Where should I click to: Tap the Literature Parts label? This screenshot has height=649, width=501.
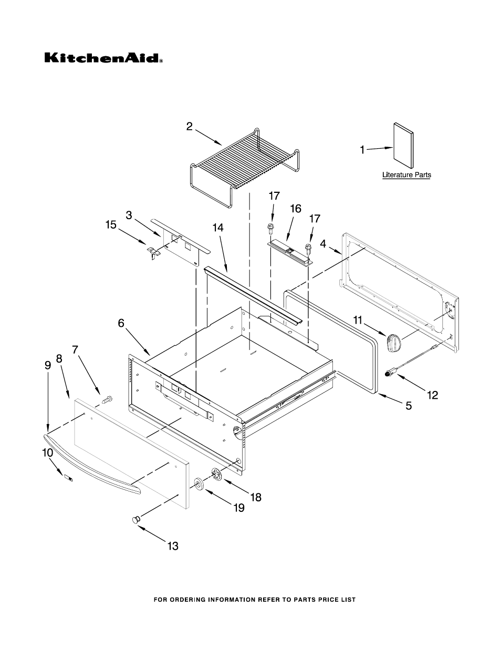click(x=406, y=174)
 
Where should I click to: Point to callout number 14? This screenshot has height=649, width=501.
click(x=218, y=228)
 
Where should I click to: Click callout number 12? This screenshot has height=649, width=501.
click(x=432, y=395)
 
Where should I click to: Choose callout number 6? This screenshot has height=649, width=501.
click(x=121, y=324)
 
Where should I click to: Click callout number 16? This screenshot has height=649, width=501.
click(x=296, y=209)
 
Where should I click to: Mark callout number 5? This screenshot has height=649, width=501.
click(x=408, y=405)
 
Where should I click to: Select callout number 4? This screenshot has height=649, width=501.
click(x=323, y=243)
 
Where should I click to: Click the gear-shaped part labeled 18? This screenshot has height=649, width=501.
click(x=217, y=473)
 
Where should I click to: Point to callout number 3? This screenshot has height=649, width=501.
click(x=129, y=215)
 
